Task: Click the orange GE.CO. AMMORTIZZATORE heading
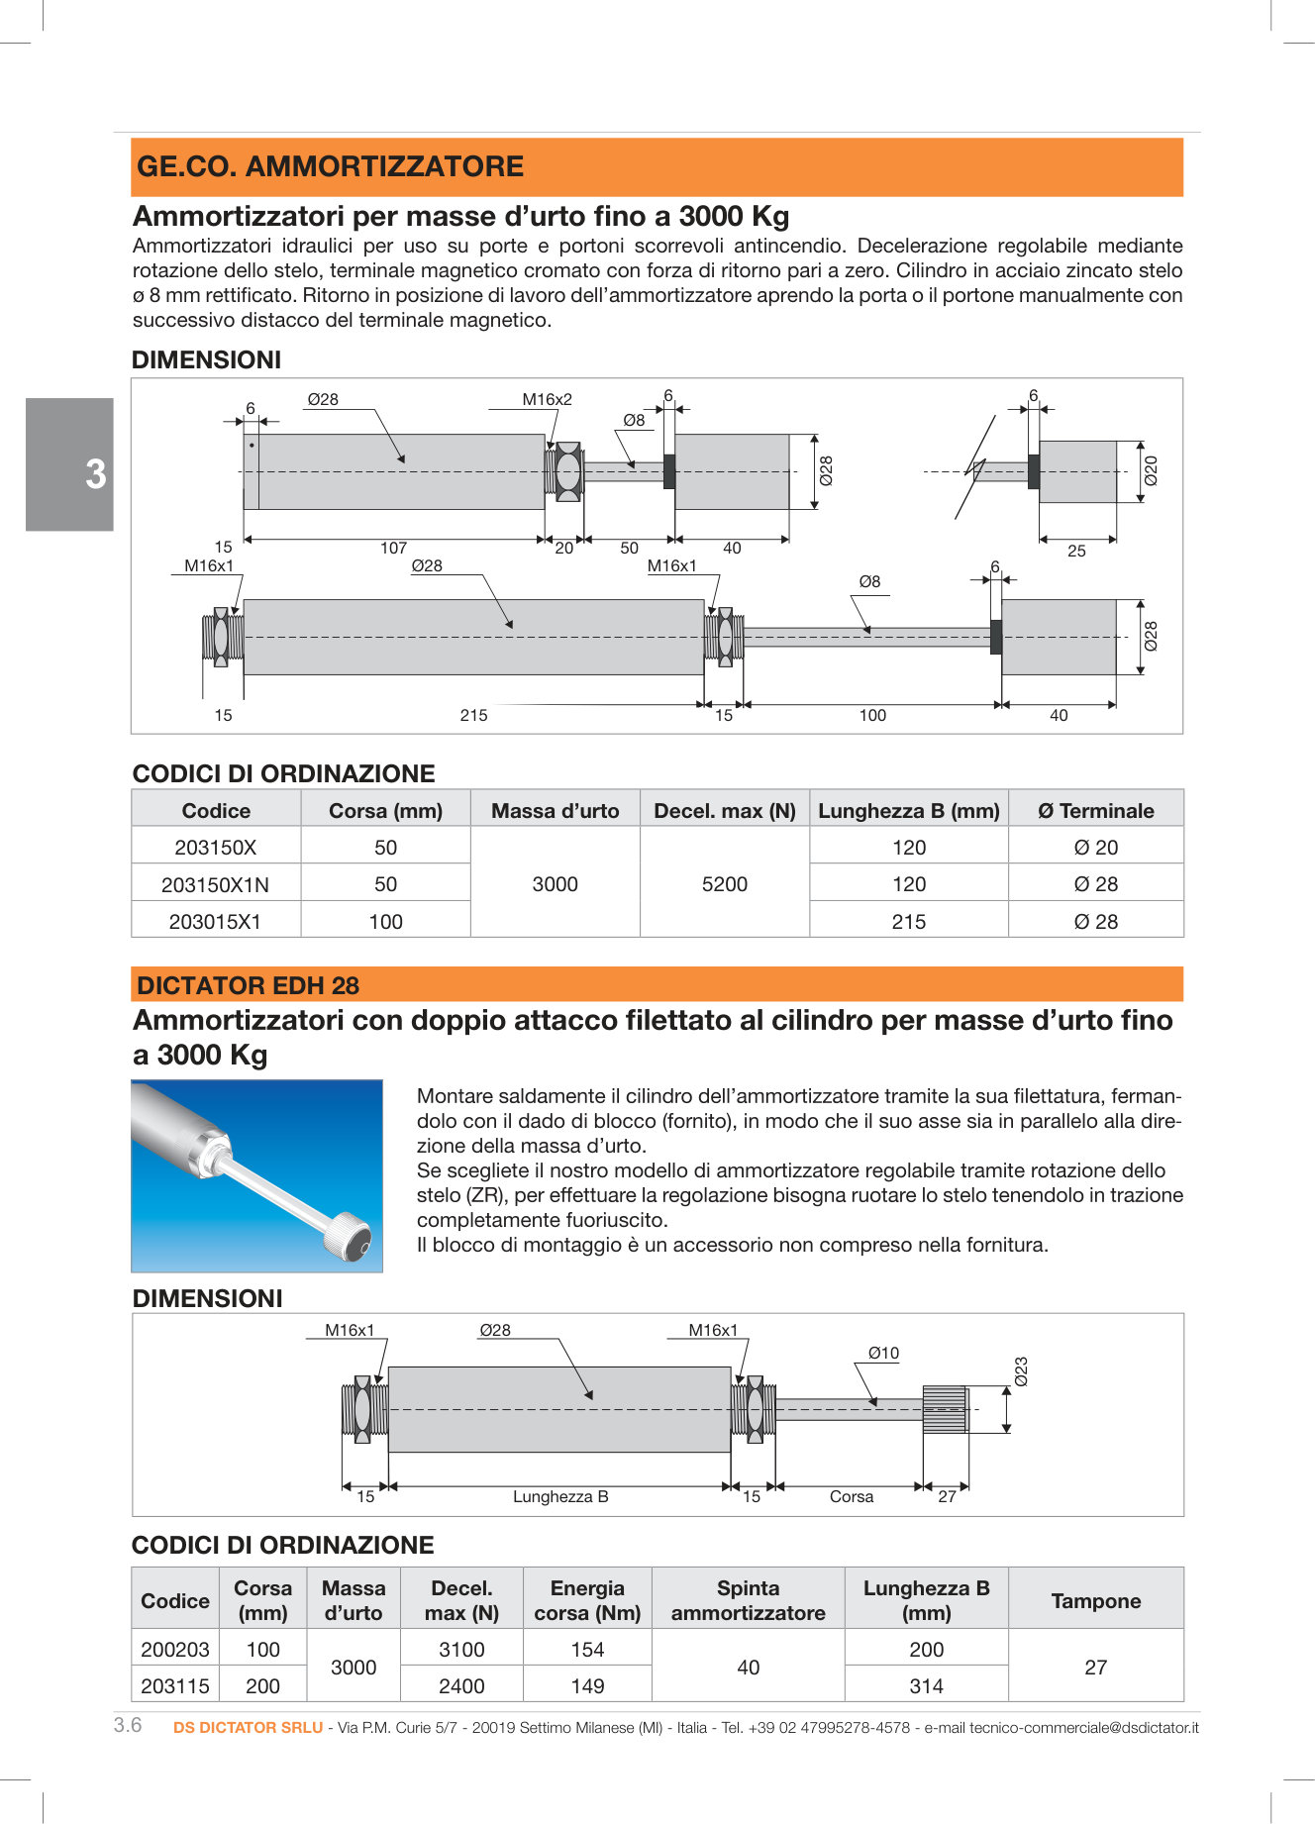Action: [x=330, y=166]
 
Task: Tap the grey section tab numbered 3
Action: [x=69, y=464]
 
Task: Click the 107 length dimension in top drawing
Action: [x=393, y=548]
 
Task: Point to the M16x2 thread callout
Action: [x=547, y=400]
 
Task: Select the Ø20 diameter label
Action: [x=1150, y=470]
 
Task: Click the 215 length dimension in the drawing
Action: [x=473, y=715]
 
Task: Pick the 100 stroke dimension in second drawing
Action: [x=871, y=715]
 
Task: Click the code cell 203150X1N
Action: [x=215, y=884]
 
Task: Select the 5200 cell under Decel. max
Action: [x=724, y=884]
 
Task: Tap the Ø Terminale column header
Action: [x=1095, y=811]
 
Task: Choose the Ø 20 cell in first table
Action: [x=1095, y=848]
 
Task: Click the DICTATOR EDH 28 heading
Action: [x=248, y=985]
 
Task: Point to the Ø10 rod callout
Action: [x=883, y=1353]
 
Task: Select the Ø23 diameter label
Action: [x=1021, y=1371]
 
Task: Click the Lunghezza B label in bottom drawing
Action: [x=560, y=1496]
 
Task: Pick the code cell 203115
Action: [x=175, y=1685]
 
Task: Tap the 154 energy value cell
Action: [x=586, y=1649]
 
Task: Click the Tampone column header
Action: [x=1095, y=1600]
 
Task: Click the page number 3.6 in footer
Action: [x=128, y=1725]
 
